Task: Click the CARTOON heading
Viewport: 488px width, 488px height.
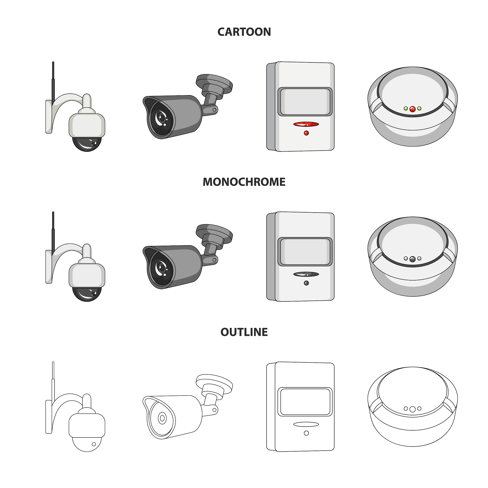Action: click(x=244, y=32)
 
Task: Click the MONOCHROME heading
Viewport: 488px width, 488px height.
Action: click(x=244, y=182)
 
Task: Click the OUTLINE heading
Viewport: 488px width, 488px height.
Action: click(x=244, y=332)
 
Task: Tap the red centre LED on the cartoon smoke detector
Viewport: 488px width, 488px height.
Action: click(x=412, y=109)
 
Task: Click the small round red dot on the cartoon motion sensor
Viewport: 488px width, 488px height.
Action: click(x=306, y=133)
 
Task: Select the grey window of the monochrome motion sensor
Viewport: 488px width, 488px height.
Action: click(x=305, y=252)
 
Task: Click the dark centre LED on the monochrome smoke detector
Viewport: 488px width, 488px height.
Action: click(x=412, y=259)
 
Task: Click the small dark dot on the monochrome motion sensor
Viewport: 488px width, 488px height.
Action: click(x=306, y=283)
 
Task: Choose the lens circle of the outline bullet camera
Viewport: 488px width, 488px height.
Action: click(x=163, y=418)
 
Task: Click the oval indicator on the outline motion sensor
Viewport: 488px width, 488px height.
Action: click(x=306, y=424)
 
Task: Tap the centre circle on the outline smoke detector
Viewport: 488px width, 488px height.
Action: click(x=412, y=409)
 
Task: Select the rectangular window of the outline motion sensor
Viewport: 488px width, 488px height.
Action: click(x=305, y=402)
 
